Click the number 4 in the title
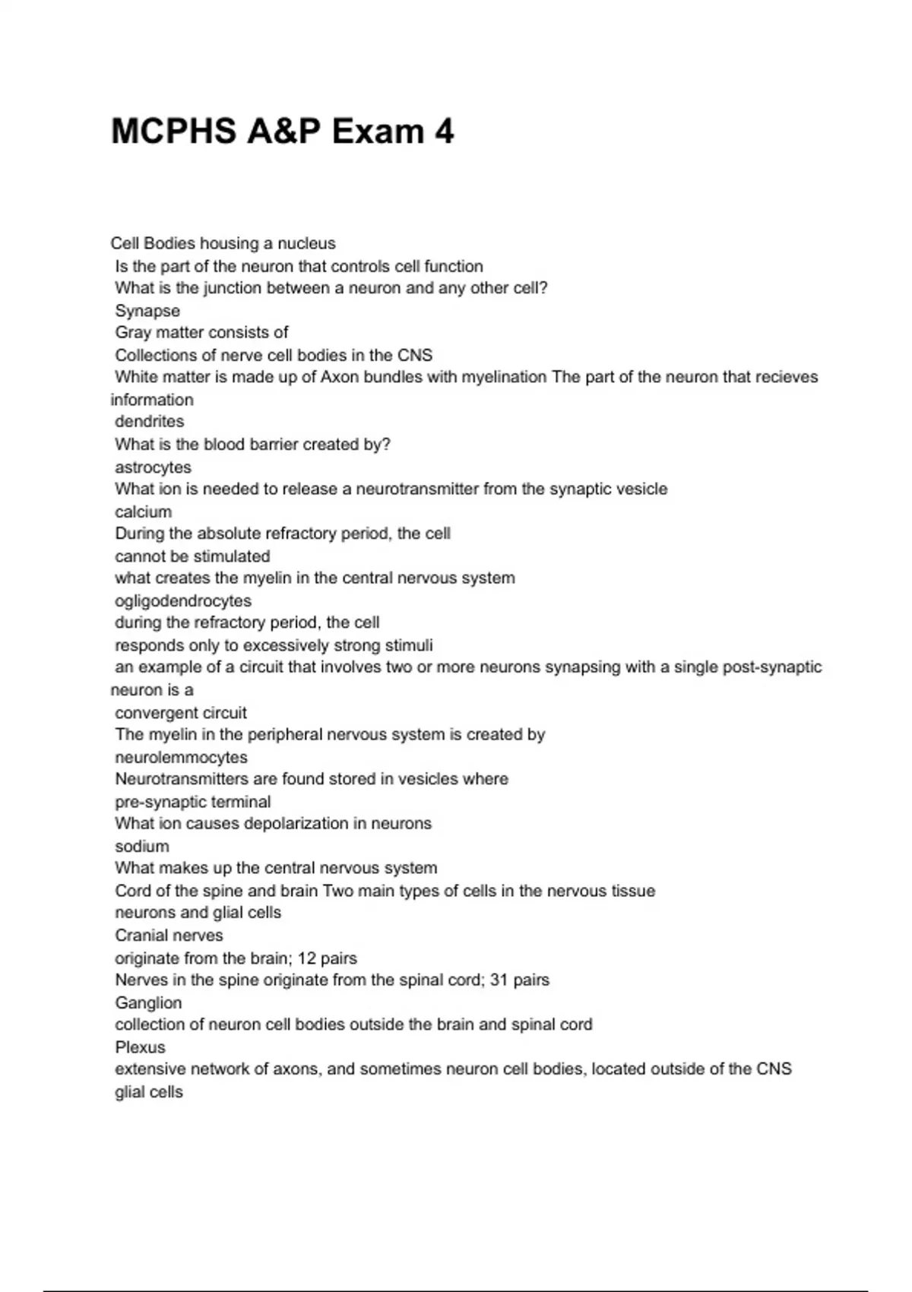click(x=445, y=131)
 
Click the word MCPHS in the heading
click(x=173, y=131)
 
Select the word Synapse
click(x=147, y=311)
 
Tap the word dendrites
click(x=149, y=422)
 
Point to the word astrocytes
click(x=153, y=467)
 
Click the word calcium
click(x=143, y=511)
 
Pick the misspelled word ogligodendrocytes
click(x=183, y=600)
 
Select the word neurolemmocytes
click(x=181, y=757)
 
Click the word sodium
click(x=141, y=846)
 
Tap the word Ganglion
click(x=148, y=1002)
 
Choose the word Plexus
click(x=140, y=1047)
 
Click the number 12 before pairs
click(x=307, y=958)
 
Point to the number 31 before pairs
click(x=499, y=980)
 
